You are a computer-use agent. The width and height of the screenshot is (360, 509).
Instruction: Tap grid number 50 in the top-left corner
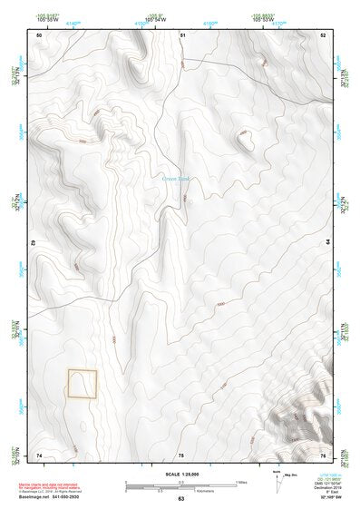pos(39,34)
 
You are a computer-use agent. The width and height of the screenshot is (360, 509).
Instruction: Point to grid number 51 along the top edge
pos(182,34)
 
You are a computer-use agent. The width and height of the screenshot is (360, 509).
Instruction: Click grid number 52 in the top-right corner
pos(323,34)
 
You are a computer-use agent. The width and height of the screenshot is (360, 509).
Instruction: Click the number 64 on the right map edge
pos(326,243)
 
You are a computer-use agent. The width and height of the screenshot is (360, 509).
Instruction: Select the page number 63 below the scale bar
pos(180,499)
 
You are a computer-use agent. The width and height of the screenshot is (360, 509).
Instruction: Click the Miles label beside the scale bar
pos(243,481)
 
